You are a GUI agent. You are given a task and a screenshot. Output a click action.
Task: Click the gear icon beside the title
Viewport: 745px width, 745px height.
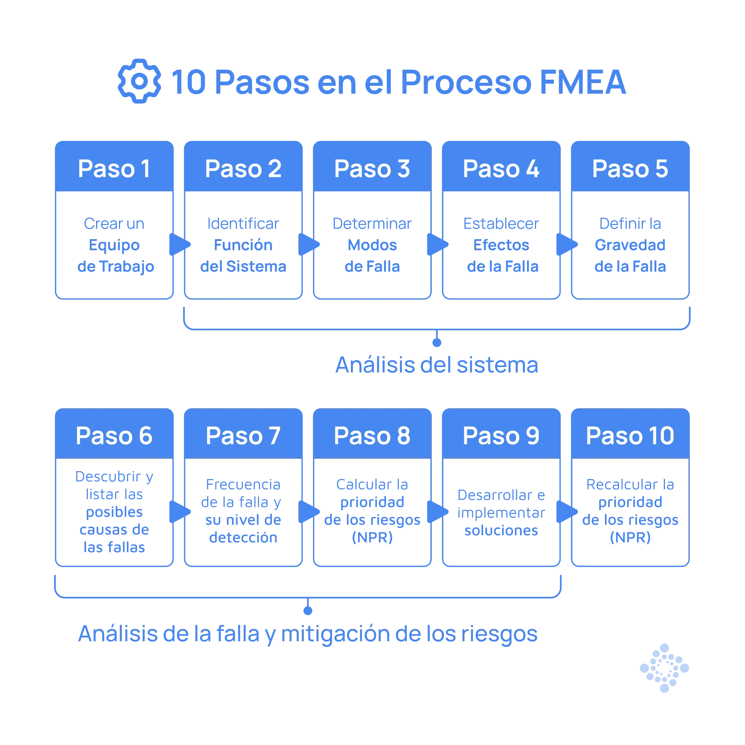[x=139, y=81]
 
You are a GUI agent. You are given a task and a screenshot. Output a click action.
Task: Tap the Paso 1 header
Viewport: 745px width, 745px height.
[x=114, y=168]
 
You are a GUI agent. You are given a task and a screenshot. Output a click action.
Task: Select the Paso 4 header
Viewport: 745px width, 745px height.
[x=501, y=168]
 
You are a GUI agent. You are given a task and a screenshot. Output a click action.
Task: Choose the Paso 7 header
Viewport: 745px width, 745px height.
[x=243, y=436]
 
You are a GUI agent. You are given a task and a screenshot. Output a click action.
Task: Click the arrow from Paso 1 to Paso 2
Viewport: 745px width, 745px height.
[x=179, y=244]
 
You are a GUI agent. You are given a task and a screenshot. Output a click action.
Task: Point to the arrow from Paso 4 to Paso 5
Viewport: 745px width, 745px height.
[x=566, y=244]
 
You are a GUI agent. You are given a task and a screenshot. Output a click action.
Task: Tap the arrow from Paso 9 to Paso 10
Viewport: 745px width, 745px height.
[x=566, y=512]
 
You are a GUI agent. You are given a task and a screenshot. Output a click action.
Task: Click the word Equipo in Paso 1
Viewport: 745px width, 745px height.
[x=114, y=245]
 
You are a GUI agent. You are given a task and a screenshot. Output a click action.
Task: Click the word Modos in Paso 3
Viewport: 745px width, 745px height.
[x=372, y=245]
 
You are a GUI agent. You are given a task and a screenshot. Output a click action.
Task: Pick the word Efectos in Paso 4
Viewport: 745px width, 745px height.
[x=501, y=245]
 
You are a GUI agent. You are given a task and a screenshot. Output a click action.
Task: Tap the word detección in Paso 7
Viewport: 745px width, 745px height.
[x=243, y=538]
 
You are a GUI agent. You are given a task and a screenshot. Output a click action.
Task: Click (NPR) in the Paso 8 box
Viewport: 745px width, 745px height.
[x=372, y=538]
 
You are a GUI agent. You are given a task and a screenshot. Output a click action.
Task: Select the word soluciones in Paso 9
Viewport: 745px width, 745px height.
[x=501, y=530]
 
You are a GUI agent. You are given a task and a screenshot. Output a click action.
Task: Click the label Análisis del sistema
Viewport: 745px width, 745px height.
[x=437, y=365]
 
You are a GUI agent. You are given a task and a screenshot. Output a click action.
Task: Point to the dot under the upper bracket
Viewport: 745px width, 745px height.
[x=437, y=342]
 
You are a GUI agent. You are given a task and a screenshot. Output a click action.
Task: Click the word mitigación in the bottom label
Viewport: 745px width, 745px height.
[x=336, y=634]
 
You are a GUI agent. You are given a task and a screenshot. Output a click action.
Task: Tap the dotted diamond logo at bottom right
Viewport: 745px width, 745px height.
[x=664, y=668]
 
